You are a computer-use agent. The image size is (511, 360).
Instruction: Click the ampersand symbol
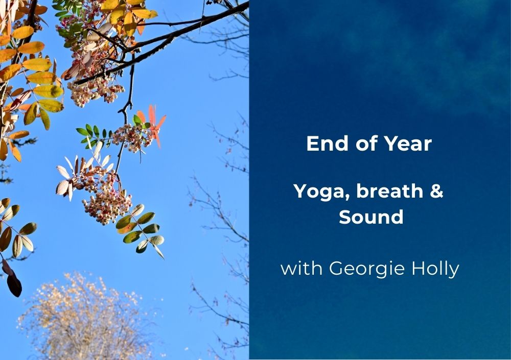tap(437, 191)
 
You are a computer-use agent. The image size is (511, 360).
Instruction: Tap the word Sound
tap(371, 217)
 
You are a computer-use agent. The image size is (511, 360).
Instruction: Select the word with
tap(301, 268)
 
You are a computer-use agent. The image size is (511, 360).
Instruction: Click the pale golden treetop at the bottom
tap(85, 318)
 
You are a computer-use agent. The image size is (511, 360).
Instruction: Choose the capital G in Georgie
tap(336, 268)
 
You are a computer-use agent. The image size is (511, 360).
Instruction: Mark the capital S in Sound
tap(345, 217)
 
